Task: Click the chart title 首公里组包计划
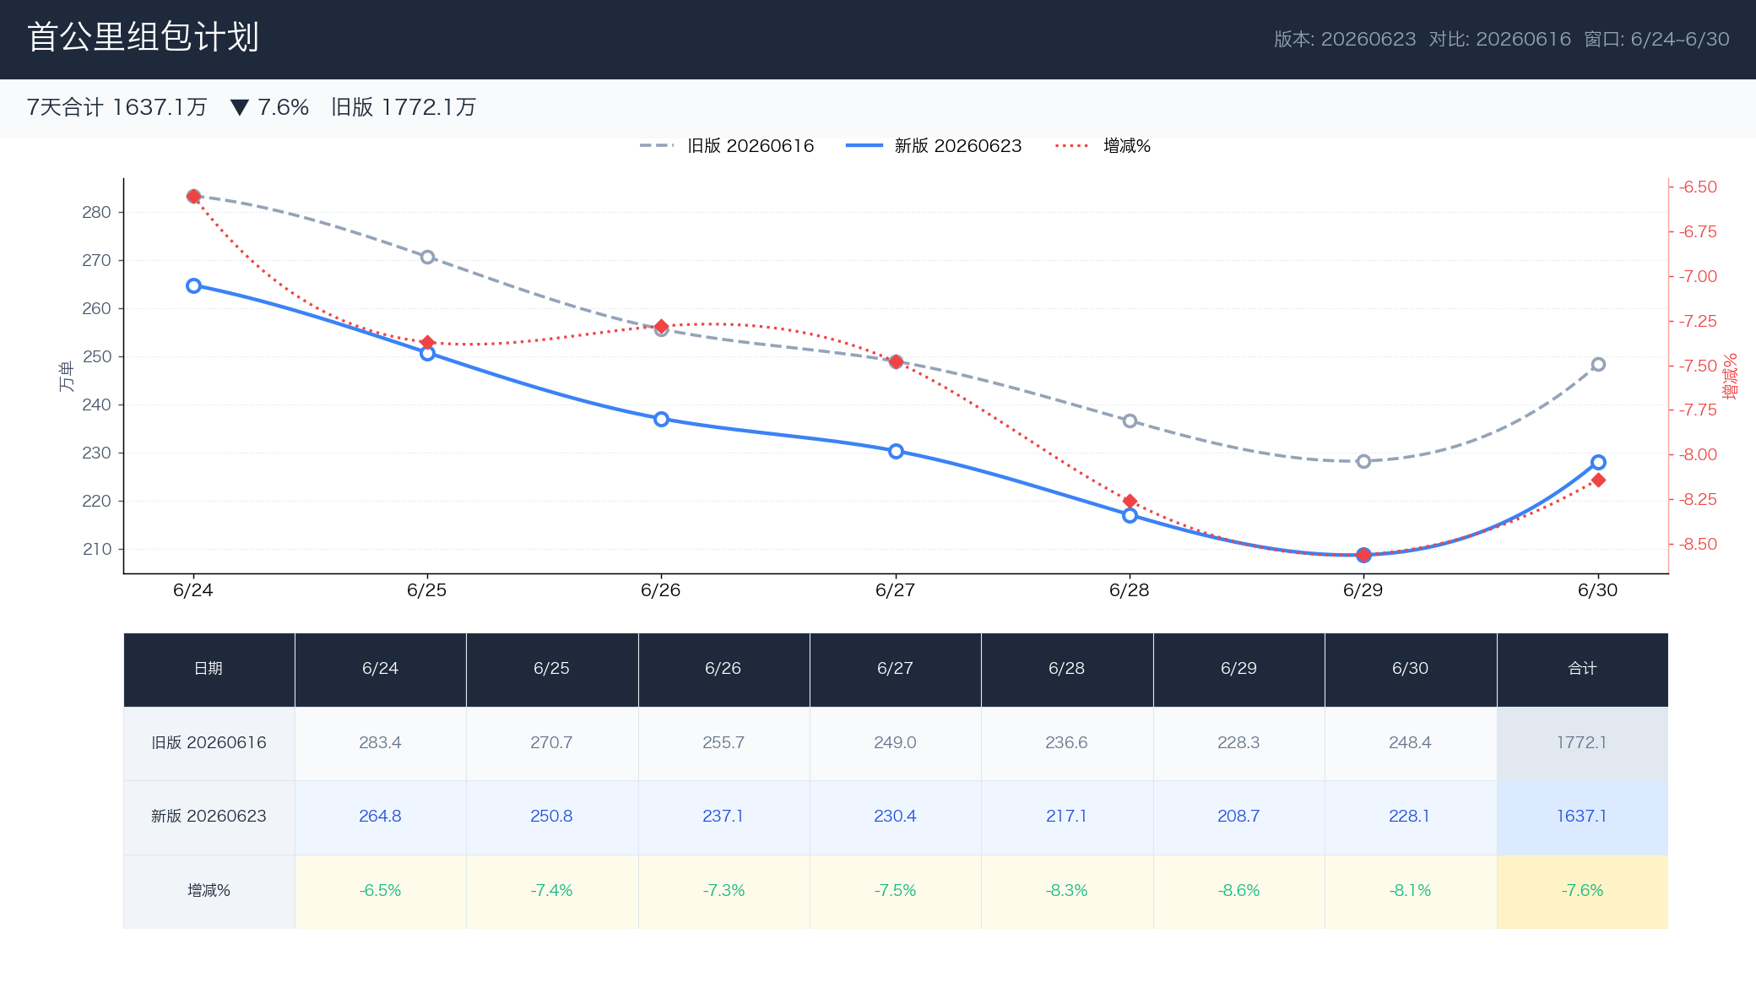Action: coord(143,37)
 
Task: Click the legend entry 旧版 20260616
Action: coord(726,146)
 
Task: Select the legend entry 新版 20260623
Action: coord(934,146)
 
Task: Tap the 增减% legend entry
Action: coord(1103,146)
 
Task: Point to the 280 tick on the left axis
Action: coord(96,212)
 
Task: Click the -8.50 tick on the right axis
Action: coord(1698,544)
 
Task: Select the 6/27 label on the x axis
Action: coord(895,590)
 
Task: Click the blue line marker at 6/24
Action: coord(193,286)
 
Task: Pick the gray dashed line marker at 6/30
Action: coord(1598,365)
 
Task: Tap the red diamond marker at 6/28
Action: coord(1130,502)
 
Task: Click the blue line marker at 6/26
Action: coord(661,420)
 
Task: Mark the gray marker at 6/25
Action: coord(427,258)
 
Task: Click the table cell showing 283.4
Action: coord(380,743)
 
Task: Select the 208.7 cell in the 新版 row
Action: coord(1238,817)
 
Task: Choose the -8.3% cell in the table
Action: coord(1067,891)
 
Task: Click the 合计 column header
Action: coord(1582,669)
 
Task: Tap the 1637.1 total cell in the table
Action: coord(1582,817)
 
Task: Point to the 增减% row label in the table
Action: coord(209,891)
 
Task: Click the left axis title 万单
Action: coord(66,377)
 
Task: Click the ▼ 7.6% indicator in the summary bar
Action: coord(269,107)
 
